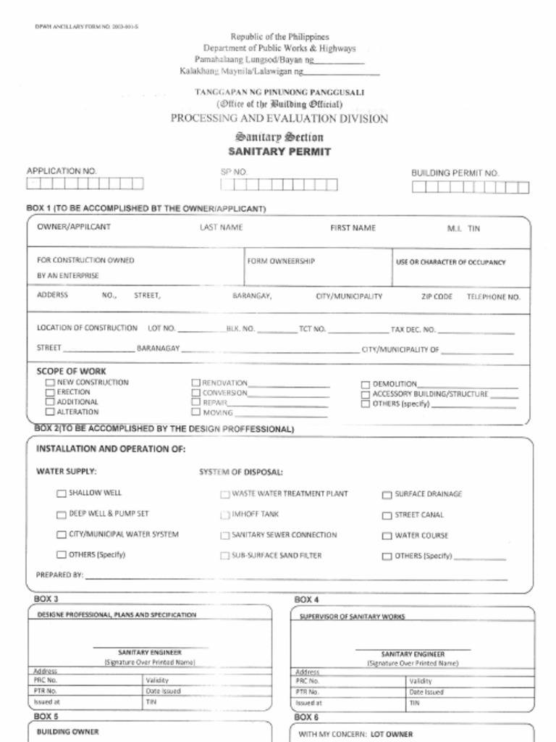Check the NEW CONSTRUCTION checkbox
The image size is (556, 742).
(50, 383)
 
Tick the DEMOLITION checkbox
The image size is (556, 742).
(366, 384)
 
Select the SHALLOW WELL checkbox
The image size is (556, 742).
(62, 493)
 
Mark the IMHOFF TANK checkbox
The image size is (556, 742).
(225, 514)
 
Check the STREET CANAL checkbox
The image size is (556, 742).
(387, 515)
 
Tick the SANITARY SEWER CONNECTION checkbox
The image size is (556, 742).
(225, 535)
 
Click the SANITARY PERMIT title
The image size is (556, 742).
(279, 152)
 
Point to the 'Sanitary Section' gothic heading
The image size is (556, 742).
(279, 137)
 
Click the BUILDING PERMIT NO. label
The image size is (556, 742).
(455, 173)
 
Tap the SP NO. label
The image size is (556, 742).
(234, 172)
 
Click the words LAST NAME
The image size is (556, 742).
(221, 228)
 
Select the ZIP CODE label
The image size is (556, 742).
(437, 296)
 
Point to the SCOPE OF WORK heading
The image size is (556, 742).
(71, 371)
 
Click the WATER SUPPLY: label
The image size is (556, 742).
(67, 472)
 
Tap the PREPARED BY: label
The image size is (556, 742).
(59, 575)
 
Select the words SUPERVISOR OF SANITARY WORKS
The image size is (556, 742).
(352, 617)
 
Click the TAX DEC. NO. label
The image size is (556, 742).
(413, 328)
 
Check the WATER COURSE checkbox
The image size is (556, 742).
(387, 536)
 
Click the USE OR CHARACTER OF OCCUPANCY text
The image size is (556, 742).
(450, 262)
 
